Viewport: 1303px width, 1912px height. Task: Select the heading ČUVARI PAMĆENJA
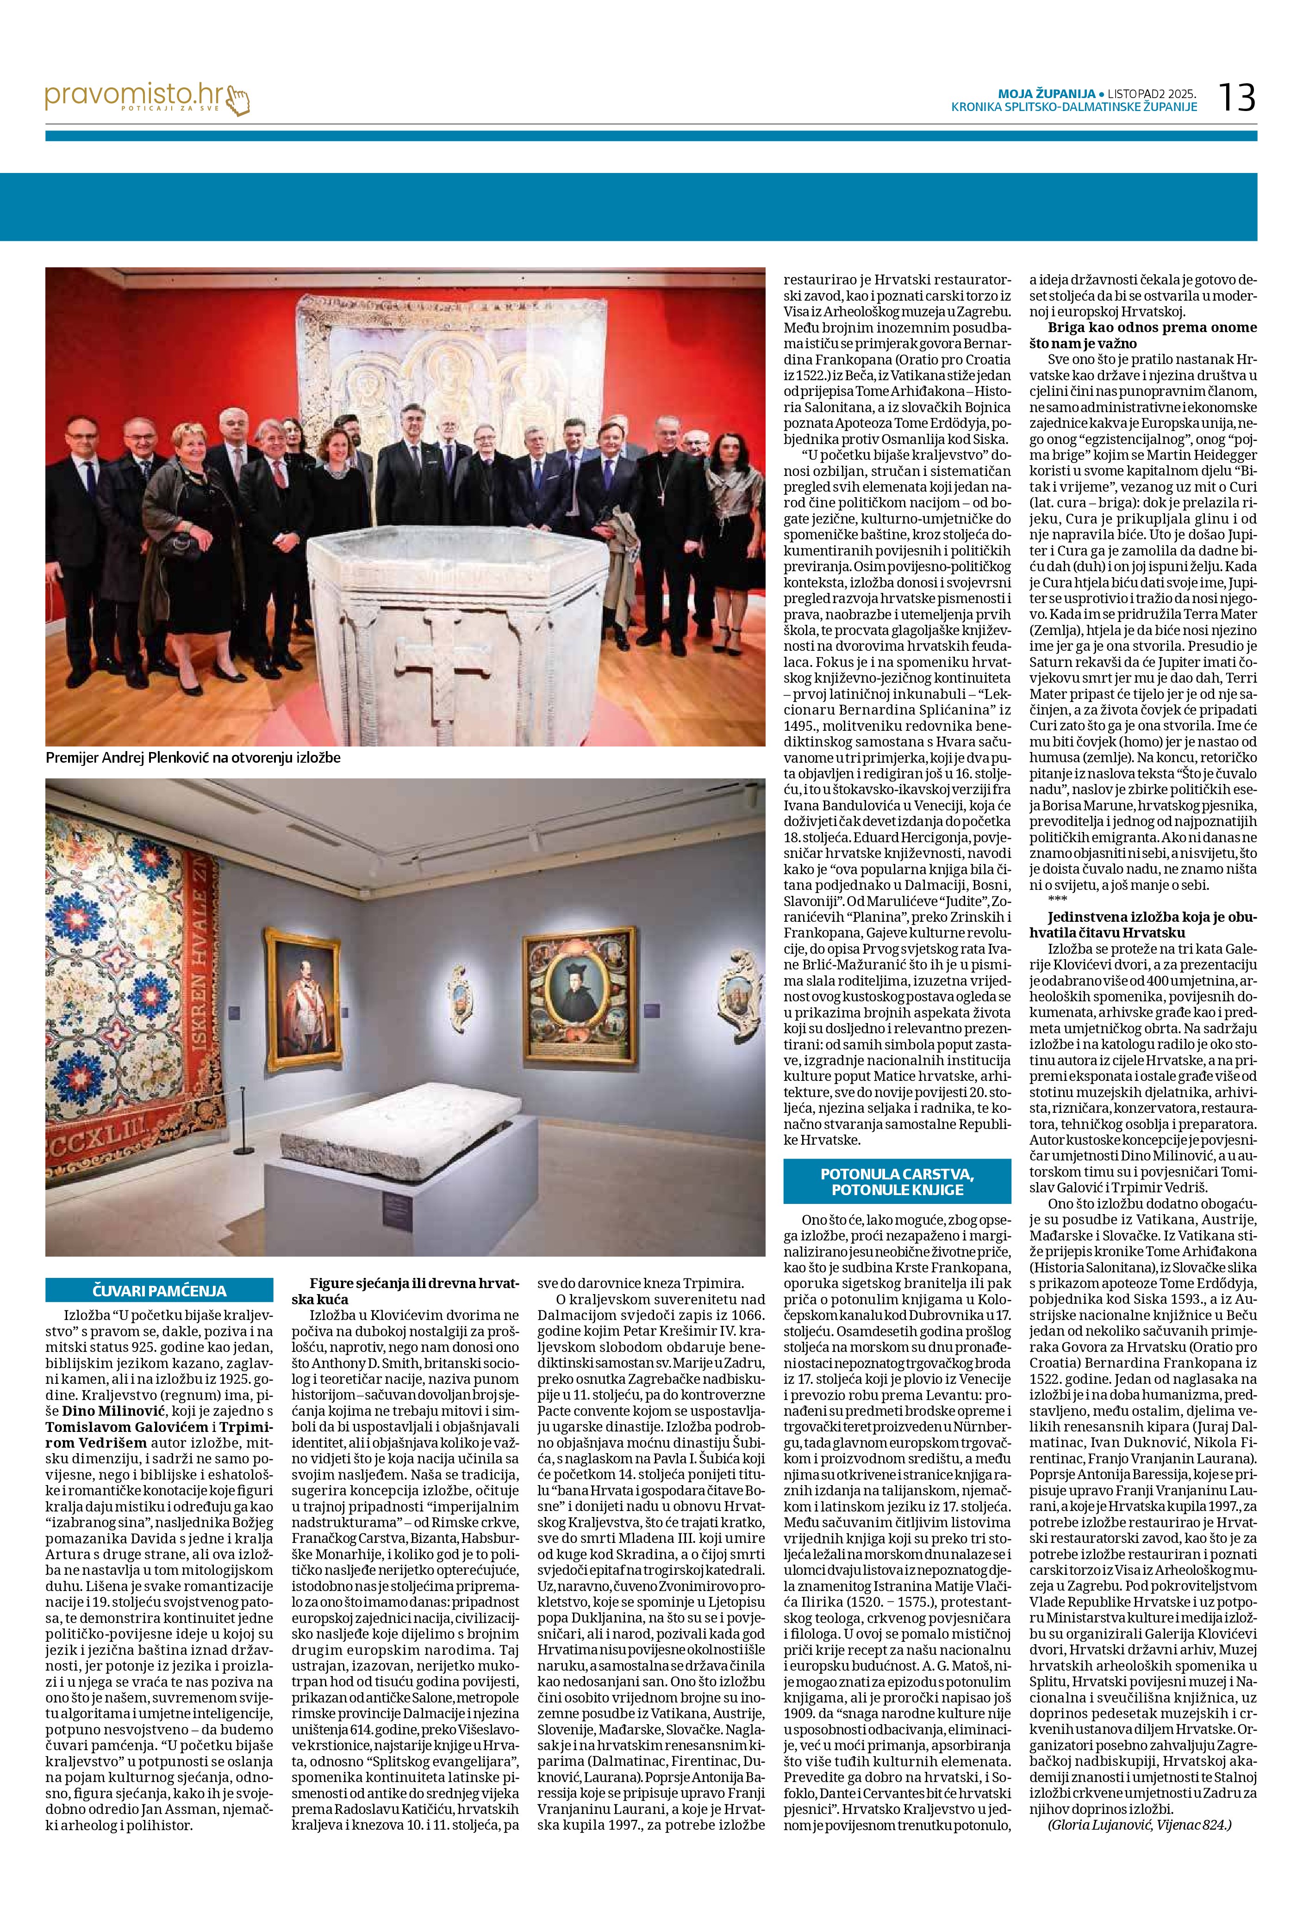159,1290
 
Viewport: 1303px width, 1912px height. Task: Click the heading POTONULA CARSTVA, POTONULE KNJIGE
897,1181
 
